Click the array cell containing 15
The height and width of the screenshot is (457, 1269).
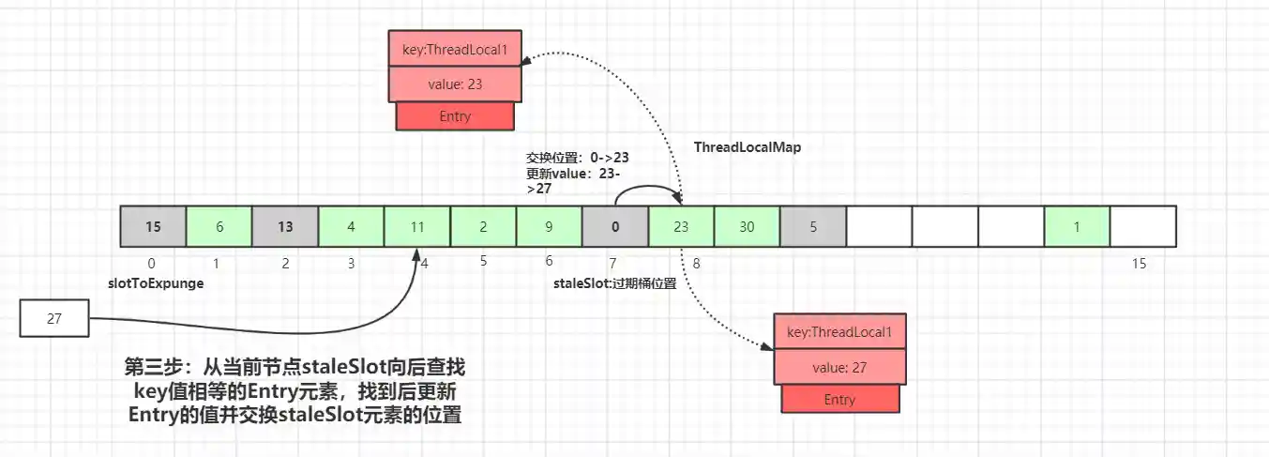(153, 227)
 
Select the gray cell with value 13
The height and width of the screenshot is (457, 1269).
(285, 227)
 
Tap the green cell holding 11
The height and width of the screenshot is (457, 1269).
(416, 227)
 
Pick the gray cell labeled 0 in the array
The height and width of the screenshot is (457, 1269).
(614, 227)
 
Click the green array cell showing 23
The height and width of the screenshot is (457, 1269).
(681, 227)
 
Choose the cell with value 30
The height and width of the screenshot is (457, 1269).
(747, 227)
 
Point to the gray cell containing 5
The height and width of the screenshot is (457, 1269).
(812, 227)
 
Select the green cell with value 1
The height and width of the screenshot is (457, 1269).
(1077, 227)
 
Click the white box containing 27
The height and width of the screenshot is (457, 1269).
(54, 318)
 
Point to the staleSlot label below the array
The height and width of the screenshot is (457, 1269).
(615, 282)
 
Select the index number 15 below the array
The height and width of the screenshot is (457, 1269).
(1139, 264)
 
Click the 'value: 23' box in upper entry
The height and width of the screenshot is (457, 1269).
(454, 84)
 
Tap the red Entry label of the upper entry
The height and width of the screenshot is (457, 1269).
(455, 116)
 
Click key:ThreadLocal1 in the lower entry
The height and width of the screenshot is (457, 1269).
(838, 332)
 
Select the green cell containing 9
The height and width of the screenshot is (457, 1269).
(549, 227)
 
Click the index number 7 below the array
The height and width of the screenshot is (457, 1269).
(613, 264)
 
